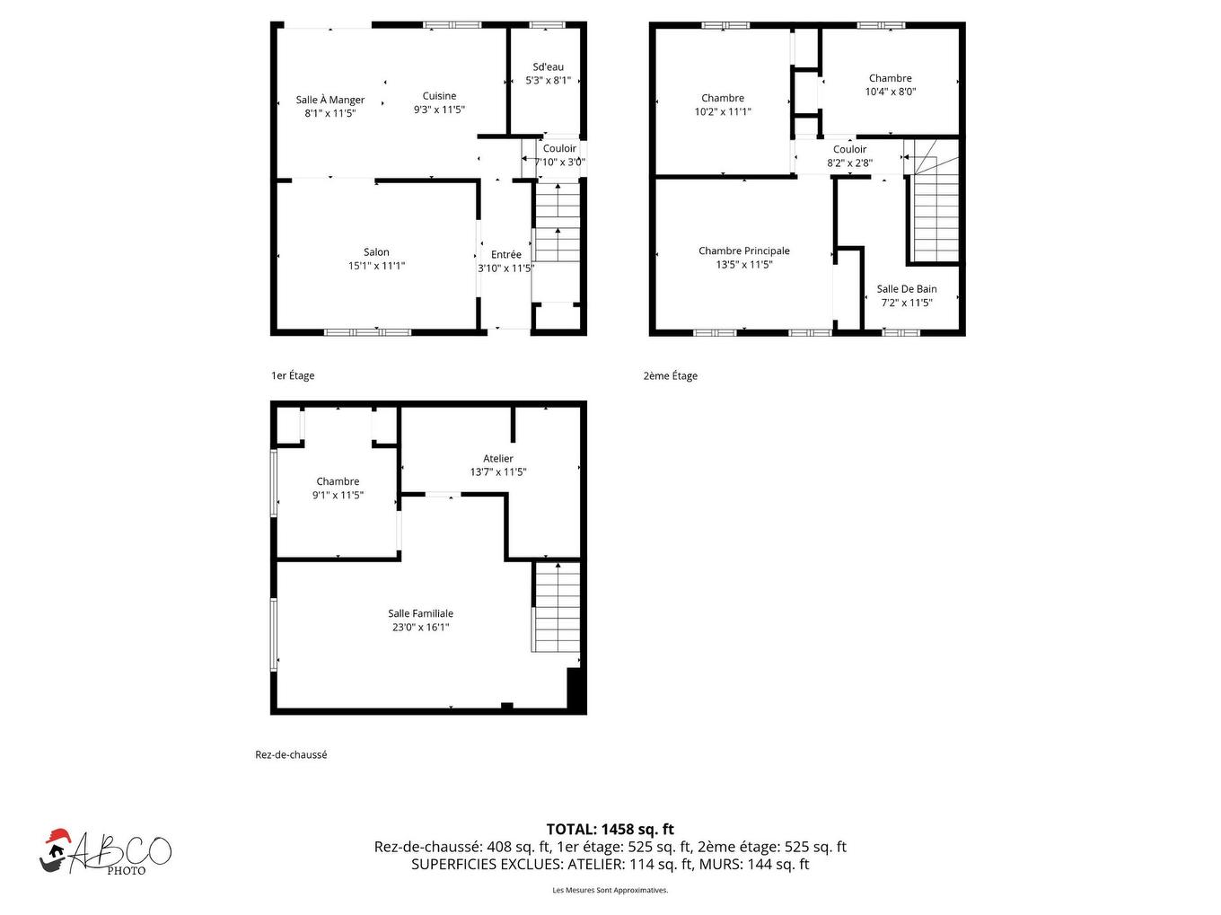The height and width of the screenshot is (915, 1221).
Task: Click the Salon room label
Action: point(376,252)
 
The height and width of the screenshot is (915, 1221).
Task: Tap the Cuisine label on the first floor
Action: point(439,96)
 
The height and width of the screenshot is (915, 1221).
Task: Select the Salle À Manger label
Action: point(330,100)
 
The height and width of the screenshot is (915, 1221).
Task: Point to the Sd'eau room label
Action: point(548,67)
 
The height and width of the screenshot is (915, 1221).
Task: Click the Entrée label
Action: point(505,255)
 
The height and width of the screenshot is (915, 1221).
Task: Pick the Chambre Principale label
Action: point(744,251)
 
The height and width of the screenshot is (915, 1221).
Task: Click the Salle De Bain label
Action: point(907,289)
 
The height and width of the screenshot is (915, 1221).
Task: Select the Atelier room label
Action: point(498,459)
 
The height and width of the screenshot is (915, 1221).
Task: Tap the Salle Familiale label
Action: point(420,614)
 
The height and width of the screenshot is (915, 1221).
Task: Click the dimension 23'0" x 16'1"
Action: point(420,628)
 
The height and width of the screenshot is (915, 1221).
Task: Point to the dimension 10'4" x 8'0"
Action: point(890,92)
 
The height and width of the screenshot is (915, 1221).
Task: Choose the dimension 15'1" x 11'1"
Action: point(376,266)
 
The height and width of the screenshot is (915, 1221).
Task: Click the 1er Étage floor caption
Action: point(293,376)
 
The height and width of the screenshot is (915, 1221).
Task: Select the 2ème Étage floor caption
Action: point(670,376)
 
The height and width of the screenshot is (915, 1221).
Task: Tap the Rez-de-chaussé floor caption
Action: point(291,755)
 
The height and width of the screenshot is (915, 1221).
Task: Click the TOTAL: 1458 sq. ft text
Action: point(610,830)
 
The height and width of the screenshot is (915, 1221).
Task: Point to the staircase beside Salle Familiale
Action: point(557,608)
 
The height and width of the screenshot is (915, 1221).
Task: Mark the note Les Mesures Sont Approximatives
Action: point(610,891)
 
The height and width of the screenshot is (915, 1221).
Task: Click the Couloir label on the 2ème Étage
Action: point(849,150)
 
